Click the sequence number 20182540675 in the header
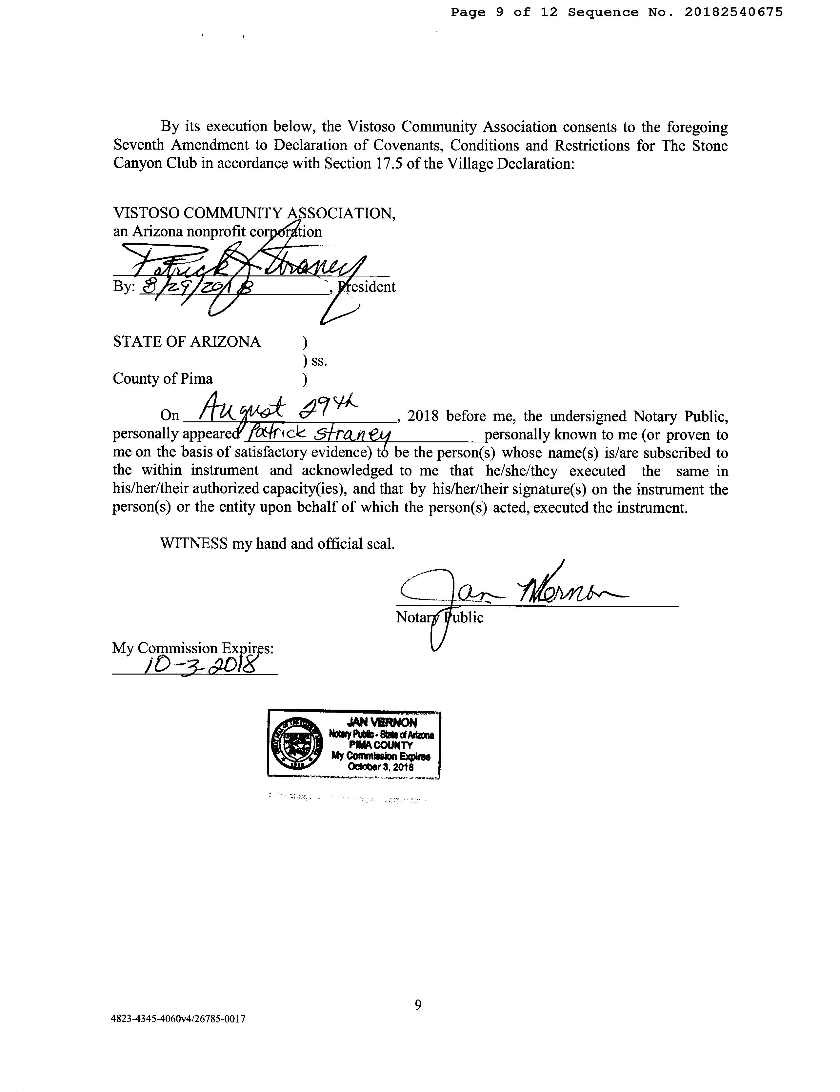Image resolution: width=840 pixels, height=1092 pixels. (x=733, y=12)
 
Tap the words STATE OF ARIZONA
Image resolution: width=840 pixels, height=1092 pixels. (x=187, y=342)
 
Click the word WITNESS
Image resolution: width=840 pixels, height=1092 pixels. (x=193, y=544)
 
